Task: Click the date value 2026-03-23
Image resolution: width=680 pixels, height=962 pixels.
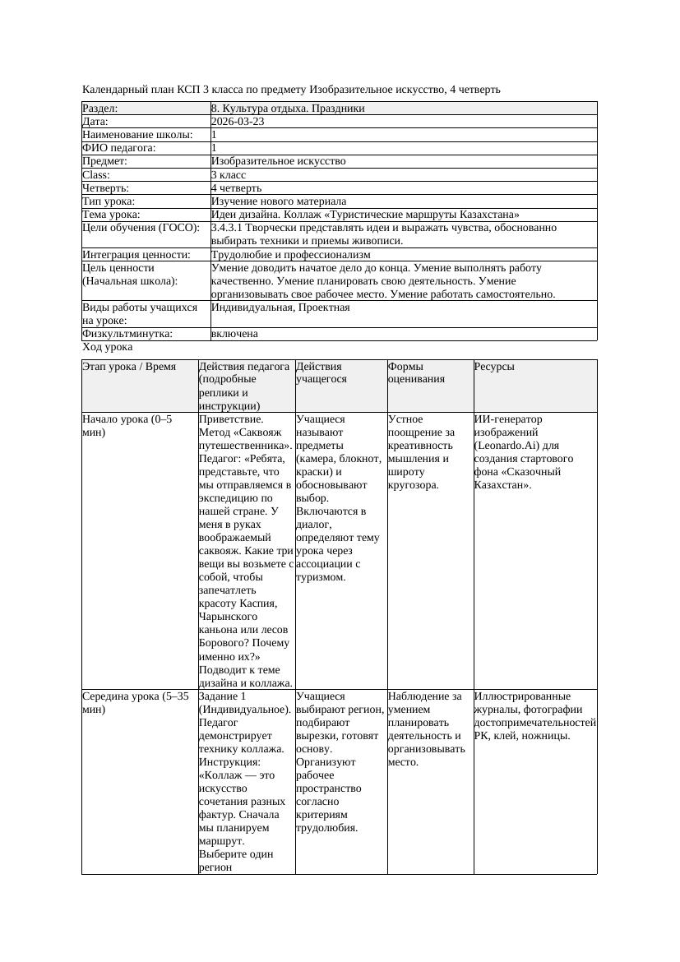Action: point(238,122)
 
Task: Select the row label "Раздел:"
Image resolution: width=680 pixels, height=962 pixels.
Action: point(100,109)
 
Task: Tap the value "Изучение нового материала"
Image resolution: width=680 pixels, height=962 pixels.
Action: point(278,201)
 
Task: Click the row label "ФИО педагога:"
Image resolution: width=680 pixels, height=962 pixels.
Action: point(119,148)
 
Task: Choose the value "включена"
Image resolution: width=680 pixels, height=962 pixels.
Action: point(234,334)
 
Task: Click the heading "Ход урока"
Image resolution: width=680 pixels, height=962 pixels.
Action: point(107,347)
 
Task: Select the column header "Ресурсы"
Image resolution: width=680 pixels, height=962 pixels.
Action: point(494,367)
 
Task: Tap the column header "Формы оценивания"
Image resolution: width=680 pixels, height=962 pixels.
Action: point(416,372)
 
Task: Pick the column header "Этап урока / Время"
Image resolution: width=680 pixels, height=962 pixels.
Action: point(129,367)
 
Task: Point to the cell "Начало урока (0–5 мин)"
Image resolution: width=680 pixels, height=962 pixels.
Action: point(127,425)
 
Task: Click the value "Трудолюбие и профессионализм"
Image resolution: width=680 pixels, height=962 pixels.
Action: point(290,255)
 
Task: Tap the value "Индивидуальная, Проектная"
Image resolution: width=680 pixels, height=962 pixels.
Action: point(280,308)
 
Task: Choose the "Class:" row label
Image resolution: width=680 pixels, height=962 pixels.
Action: point(96,175)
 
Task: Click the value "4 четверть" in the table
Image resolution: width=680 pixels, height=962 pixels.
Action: point(238,188)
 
